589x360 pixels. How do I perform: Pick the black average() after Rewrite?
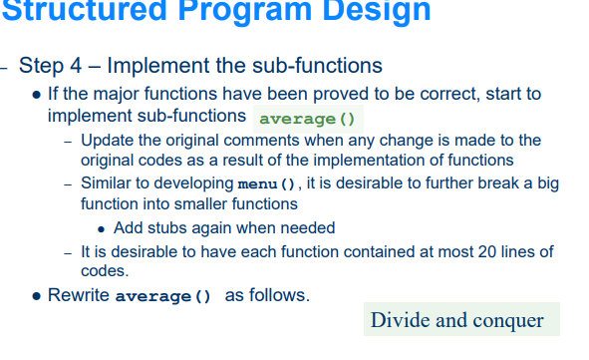(164, 297)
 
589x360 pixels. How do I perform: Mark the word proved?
(317, 94)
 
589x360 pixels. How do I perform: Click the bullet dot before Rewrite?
(37, 297)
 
